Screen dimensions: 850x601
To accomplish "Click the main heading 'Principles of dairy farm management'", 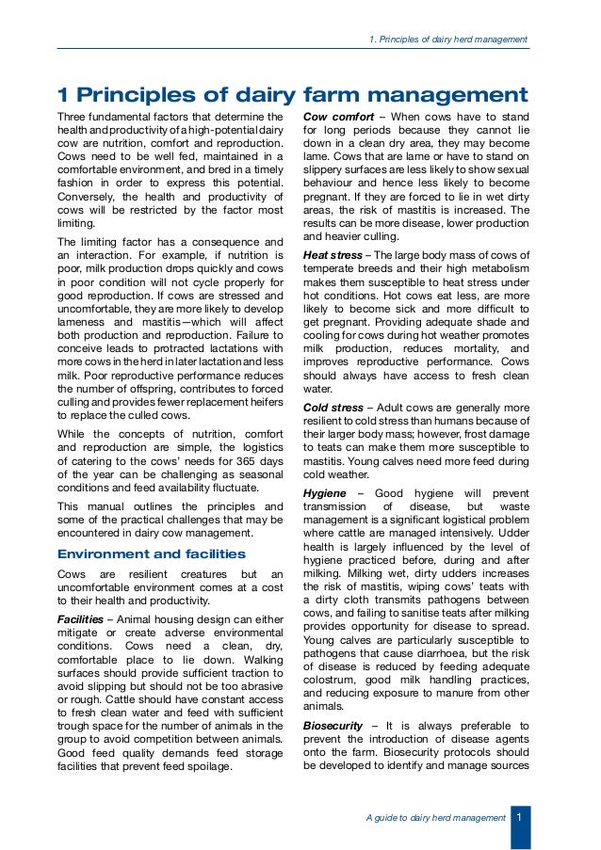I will click(292, 95).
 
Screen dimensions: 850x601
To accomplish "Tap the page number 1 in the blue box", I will click(519, 817).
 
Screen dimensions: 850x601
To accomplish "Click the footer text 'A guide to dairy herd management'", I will click(435, 818).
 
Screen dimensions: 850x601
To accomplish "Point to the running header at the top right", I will click(447, 39).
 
